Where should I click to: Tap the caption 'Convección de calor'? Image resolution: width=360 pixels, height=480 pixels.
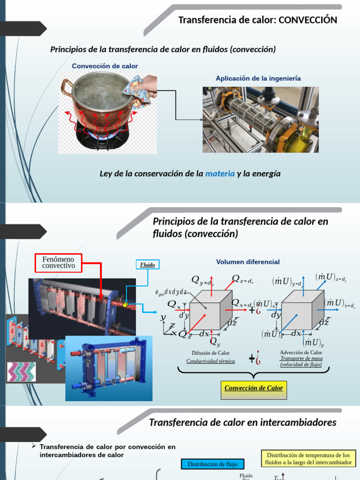[105, 66]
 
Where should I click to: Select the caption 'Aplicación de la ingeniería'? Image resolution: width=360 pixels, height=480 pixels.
[258, 78]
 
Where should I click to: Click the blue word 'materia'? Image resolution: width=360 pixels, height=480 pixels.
[220, 173]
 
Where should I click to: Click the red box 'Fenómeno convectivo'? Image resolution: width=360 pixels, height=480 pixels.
[59, 262]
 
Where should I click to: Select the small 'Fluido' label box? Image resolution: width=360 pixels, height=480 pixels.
[148, 265]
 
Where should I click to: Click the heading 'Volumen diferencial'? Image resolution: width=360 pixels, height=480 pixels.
[247, 262]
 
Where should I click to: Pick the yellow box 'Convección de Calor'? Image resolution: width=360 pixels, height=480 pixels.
[254, 389]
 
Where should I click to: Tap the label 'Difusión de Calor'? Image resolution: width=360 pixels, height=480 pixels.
[210, 353]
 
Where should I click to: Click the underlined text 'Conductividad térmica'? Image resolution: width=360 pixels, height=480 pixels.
[210, 361]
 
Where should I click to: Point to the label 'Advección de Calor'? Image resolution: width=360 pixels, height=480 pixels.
[301, 352]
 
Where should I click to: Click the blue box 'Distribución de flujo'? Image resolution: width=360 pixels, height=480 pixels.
[212, 464]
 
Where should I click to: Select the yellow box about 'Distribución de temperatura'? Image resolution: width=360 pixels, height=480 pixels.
[308, 458]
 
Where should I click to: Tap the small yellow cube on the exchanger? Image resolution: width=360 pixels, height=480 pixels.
[125, 305]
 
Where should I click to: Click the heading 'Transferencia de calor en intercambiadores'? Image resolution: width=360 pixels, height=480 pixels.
[242, 422]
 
